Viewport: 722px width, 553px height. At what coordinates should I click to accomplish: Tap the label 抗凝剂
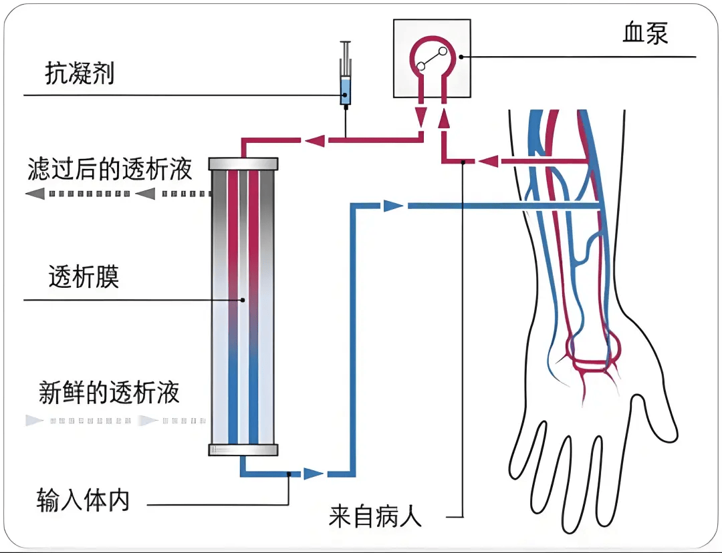click(x=80, y=73)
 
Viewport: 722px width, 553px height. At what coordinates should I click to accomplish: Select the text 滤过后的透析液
click(x=110, y=170)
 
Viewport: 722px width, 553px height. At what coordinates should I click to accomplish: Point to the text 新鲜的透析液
click(x=110, y=393)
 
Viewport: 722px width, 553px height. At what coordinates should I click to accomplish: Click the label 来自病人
click(x=375, y=517)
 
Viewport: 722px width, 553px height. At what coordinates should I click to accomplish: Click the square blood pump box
click(x=431, y=58)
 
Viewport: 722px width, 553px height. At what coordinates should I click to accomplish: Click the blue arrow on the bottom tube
click(x=313, y=474)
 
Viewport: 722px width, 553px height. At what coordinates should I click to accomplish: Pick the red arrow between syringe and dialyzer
click(x=315, y=140)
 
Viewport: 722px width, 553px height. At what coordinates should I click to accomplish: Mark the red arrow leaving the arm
click(x=489, y=161)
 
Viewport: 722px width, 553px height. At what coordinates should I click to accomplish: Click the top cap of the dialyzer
click(x=243, y=164)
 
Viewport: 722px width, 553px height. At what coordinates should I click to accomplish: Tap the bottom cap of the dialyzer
click(x=243, y=450)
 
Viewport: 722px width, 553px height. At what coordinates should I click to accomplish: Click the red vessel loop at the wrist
click(x=594, y=353)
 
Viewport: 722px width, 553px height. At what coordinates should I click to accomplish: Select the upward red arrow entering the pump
click(x=443, y=120)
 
